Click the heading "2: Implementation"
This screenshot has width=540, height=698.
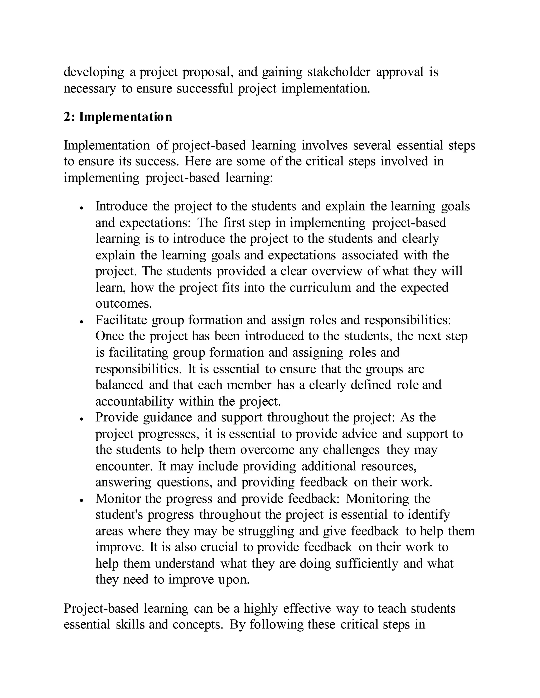[118, 117]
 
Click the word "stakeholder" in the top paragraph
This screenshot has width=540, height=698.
[339, 72]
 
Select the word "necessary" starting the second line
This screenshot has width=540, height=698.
[90, 89]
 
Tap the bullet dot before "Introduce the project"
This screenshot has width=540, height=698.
[82, 208]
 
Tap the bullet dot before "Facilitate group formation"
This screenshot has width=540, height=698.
[82, 322]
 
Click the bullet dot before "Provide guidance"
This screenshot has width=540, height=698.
[82, 419]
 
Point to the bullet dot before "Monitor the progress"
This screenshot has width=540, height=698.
[82, 500]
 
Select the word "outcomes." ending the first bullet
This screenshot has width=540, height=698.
[123, 304]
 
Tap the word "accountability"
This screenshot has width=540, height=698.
[134, 401]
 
